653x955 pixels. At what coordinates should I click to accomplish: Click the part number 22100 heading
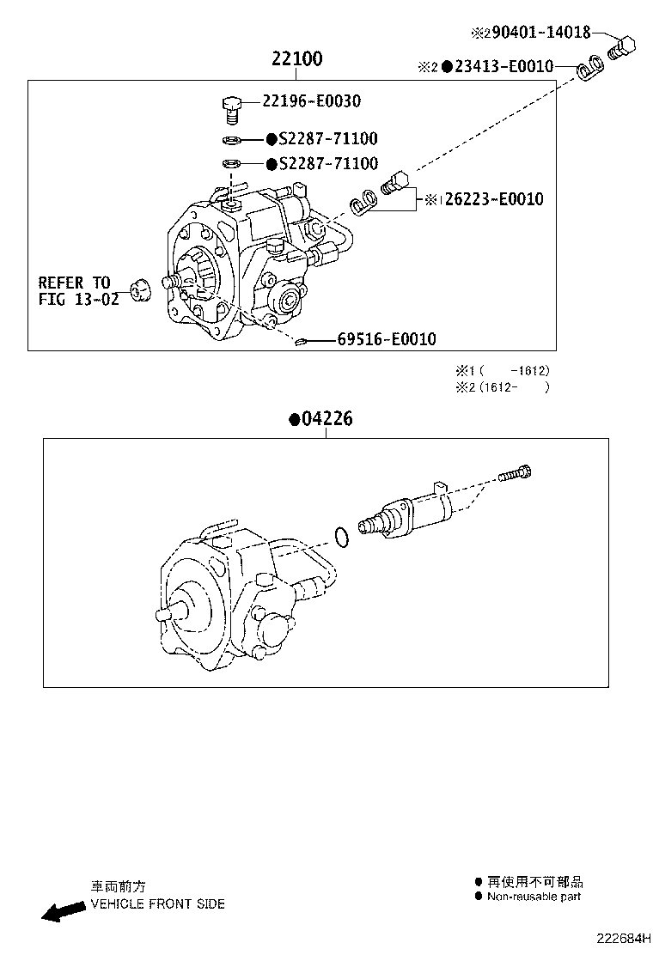[x=296, y=59]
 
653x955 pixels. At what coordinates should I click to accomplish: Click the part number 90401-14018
[x=538, y=33]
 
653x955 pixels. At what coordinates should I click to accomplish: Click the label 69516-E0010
[x=386, y=340]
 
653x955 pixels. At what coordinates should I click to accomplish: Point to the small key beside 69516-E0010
[x=301, y=343]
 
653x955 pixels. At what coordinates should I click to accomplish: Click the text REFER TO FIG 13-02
[x=75, y=290]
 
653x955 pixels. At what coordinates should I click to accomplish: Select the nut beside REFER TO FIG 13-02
[x=140, y=289]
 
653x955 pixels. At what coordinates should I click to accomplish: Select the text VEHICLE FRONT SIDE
[x=157, y=903]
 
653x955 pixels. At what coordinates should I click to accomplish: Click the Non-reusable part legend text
[x=534, y=897]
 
